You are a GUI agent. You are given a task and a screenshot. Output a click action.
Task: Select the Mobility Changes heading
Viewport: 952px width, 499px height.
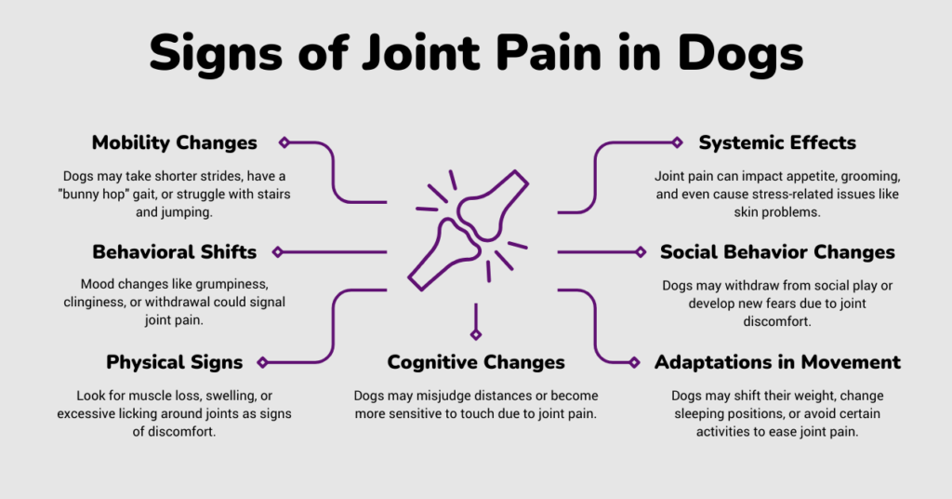point(175,142)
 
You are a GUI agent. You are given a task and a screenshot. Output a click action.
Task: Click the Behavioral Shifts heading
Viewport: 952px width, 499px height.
point(175,252)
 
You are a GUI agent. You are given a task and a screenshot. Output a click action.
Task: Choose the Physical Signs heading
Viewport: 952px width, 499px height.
point(175,362)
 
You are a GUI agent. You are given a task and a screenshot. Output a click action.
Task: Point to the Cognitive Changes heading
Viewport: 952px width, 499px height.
point(476,362)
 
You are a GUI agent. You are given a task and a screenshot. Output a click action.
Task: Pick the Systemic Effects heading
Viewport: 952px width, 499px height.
point(777,142)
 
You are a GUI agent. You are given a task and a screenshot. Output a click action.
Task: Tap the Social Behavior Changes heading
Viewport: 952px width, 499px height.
point(777,252)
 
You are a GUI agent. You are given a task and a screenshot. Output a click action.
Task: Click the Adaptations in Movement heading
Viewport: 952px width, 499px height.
point(777,362)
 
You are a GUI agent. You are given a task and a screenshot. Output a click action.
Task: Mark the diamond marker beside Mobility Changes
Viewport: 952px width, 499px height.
point(284,142)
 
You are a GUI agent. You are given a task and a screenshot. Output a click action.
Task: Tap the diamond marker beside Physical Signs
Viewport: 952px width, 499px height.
point(263,362)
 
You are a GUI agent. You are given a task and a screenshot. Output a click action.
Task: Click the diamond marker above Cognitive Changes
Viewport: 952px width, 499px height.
point(476,334)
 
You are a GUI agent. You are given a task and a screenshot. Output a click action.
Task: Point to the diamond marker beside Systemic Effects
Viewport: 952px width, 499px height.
point(678,142)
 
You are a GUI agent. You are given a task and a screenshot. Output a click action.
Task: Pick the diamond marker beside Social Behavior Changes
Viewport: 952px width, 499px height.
point(641,252)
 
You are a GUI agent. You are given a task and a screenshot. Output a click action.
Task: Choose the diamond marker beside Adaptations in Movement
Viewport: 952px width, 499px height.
point(635,362)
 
